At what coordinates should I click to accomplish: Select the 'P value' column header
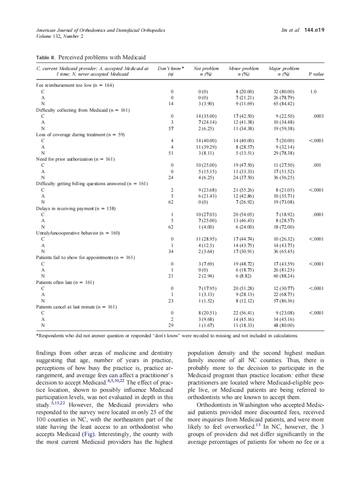pyautogui.click(x=316, y=74)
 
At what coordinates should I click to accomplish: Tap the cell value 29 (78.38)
pyautogui.click(x=284, y=153)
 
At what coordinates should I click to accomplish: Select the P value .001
pyautogui.click(x=317, y=165)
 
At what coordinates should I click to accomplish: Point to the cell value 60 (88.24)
pyautogui.click(x=284, y=276)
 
